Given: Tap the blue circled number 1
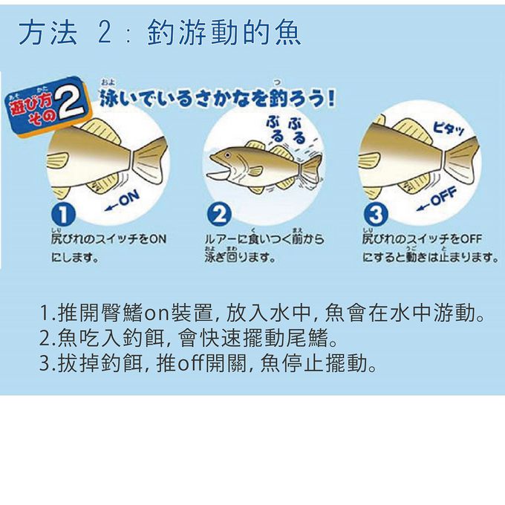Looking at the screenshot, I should (x=62, y=215).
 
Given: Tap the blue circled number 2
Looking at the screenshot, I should (x=220, y=215).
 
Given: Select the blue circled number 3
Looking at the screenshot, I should (x=377, y=215).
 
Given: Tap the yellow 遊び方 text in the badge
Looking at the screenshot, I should (x=29, y=108).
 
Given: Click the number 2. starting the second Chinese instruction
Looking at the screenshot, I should (x=46, y=340).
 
